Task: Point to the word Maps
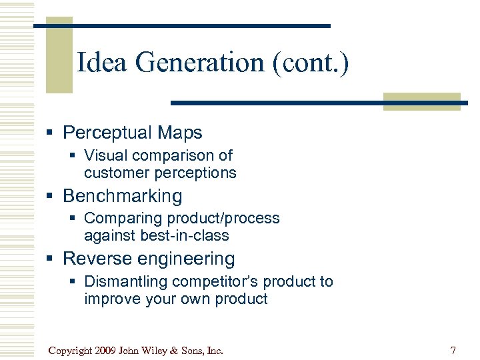(181, 133)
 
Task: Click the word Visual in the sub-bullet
(105, 155)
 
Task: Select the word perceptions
(195, 173)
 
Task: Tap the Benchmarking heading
(122, 196)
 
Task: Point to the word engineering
(187, 259)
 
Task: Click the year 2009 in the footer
(107, 350)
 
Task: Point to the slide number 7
(453, 350)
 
